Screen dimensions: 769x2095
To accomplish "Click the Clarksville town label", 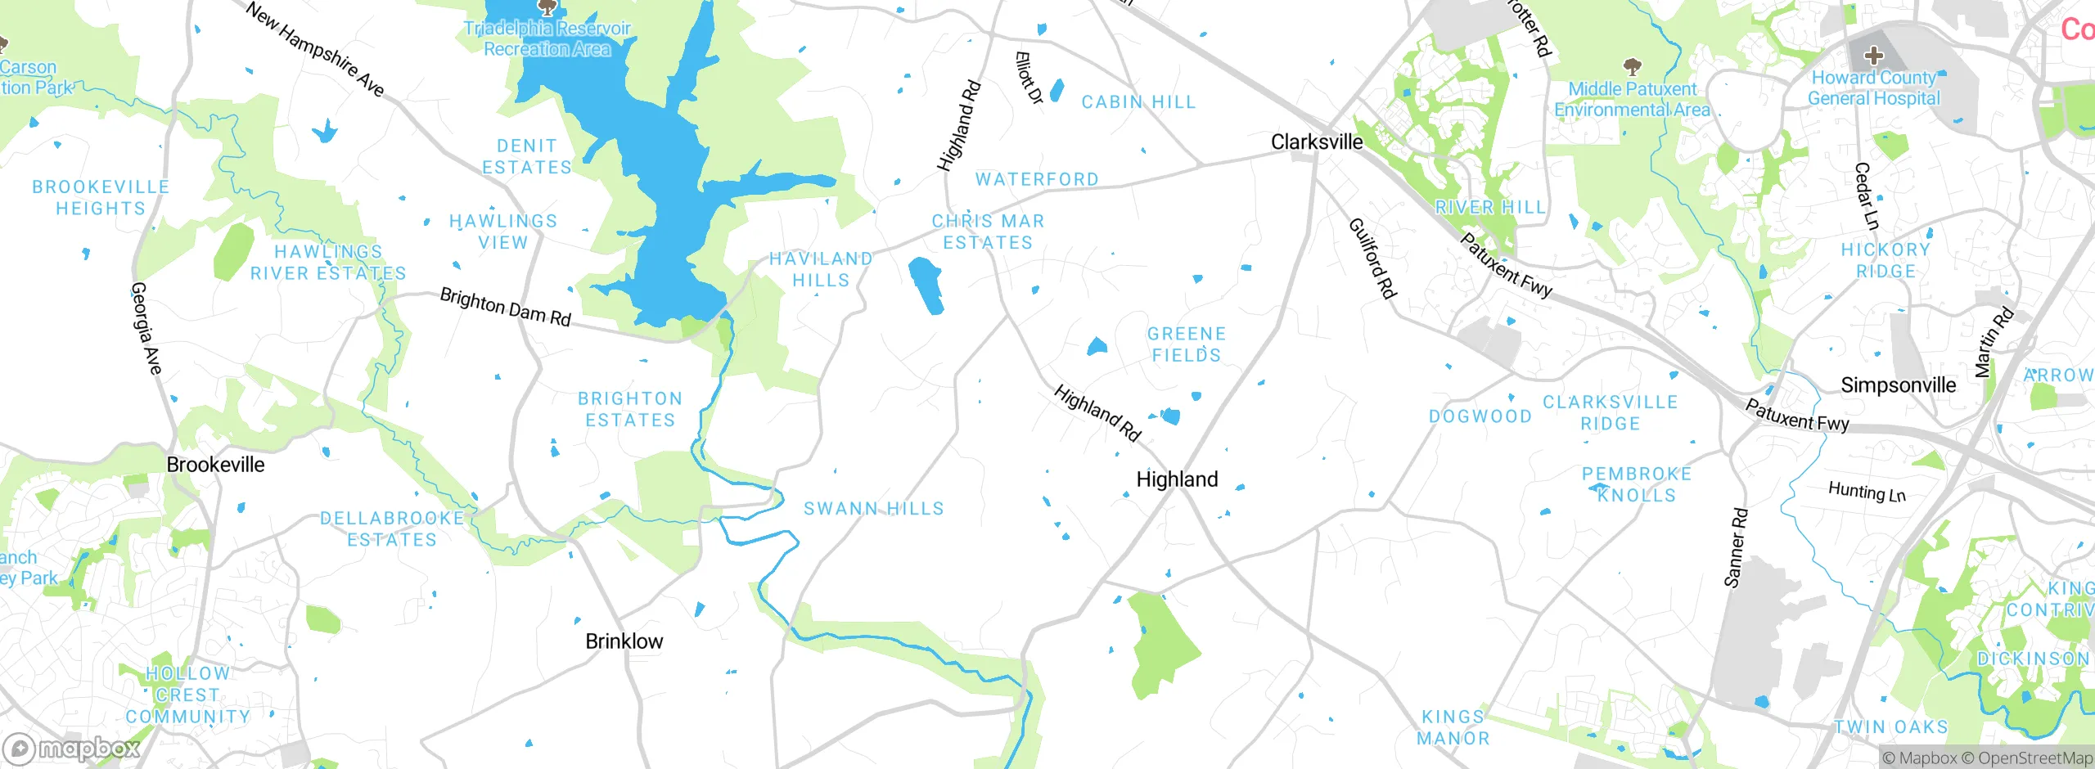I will click(x=1317, y=142).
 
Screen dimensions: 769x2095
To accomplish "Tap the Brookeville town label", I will click(x=215, y=465).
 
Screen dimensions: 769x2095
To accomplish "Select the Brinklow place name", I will click(x=624, y=641).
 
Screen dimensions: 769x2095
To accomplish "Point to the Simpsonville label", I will click(x=1898, y=385).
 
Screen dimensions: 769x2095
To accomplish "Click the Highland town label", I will click(x=1177, y=479).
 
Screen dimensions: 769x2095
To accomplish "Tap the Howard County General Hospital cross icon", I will click(x=1873, y=56).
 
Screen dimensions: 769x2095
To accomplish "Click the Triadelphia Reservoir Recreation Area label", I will click(x=547, y=38).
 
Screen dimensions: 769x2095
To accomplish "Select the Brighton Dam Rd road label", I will click(x=505, y=307).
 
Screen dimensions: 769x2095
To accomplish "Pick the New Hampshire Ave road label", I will click(x=315, y=49).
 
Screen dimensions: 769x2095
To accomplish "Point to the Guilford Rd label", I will click(x=1372, y=258).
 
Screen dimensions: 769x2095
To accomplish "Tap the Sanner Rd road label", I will click(x=1735, y=548).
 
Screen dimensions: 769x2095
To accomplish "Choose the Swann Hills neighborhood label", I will click(x=873, y=509).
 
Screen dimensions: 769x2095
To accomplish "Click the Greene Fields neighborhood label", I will click(x=1186, y=344).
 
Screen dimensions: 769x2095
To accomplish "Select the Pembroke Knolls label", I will click(x=1636, y=484).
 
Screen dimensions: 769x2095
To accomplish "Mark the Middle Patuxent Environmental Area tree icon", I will click(x=1632, y=65).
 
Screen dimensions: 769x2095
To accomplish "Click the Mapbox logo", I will click(x=72, y=748).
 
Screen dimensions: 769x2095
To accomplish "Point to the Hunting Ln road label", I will click(x=1867, y=492).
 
